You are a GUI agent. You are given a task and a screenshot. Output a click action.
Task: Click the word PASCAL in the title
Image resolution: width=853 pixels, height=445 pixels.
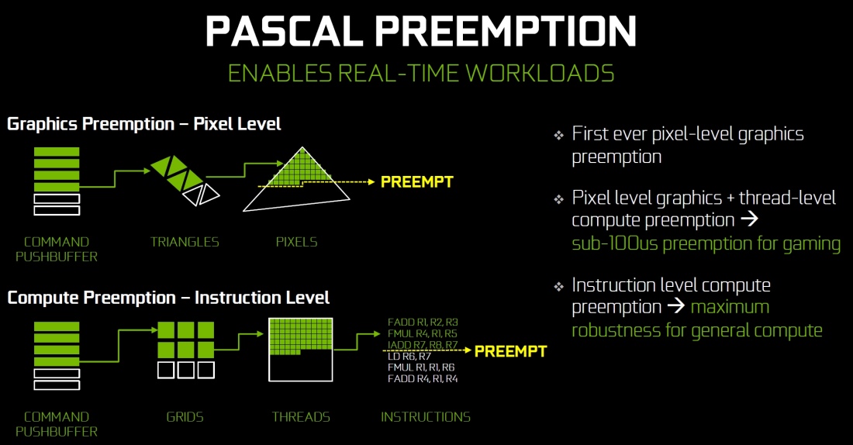pos(284,31)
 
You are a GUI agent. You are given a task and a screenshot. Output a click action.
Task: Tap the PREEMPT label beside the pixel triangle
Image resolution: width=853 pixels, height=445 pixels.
pos(416,181)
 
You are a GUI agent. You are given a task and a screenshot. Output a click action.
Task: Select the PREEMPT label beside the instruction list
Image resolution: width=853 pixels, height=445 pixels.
pos(510,351)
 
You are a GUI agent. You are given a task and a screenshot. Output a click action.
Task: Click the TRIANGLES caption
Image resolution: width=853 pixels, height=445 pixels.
pos(185,242)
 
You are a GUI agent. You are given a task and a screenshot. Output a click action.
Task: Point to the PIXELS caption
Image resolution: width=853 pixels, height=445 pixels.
pos(296,242)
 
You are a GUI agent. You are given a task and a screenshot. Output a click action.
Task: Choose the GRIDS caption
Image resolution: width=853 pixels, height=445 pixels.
pos(185,417)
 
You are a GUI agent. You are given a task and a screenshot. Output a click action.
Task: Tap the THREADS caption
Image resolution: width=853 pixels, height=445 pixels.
pos(301,417)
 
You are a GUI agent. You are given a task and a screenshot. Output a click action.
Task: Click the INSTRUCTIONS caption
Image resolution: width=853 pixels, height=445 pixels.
pos(426,417)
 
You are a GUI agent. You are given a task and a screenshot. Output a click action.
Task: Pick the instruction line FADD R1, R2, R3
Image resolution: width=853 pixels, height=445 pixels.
pos(423,323)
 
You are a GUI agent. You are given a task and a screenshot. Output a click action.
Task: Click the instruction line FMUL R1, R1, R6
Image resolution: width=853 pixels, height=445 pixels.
pos(421,367)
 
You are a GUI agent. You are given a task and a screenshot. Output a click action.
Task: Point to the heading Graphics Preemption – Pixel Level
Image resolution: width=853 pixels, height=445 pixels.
pos(144,124)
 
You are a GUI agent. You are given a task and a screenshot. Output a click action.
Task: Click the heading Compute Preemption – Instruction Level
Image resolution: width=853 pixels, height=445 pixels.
pos(168,298)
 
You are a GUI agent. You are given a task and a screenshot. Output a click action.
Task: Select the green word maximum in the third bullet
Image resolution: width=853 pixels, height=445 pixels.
pos(730,307)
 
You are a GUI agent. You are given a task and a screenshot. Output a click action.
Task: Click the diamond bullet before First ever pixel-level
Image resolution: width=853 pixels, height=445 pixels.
pos(558,136)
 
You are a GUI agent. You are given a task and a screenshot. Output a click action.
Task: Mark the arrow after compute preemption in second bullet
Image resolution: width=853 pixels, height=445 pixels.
pos(750,219)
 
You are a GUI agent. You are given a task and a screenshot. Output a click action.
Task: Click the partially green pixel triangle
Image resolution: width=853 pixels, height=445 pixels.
pos(296,179)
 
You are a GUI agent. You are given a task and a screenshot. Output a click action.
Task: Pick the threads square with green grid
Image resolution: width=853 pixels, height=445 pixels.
pos(301,350)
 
